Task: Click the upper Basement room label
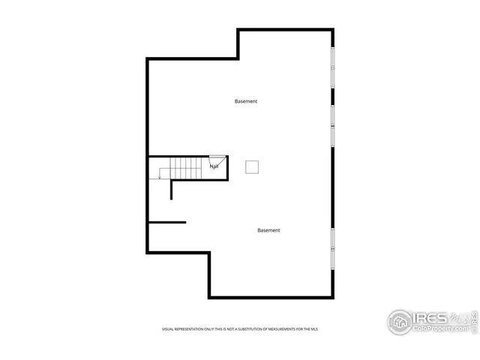pos(246,101)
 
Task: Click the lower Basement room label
pos(268,230)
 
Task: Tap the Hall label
pos(214,166)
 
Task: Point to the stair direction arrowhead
pos(160,177)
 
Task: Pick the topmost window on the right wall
pos(332,70)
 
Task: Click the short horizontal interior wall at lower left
pos(166,221)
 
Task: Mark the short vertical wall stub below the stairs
pos(172,189)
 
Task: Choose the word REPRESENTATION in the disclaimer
pos(191,328)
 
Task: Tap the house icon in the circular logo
pos(400,322)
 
